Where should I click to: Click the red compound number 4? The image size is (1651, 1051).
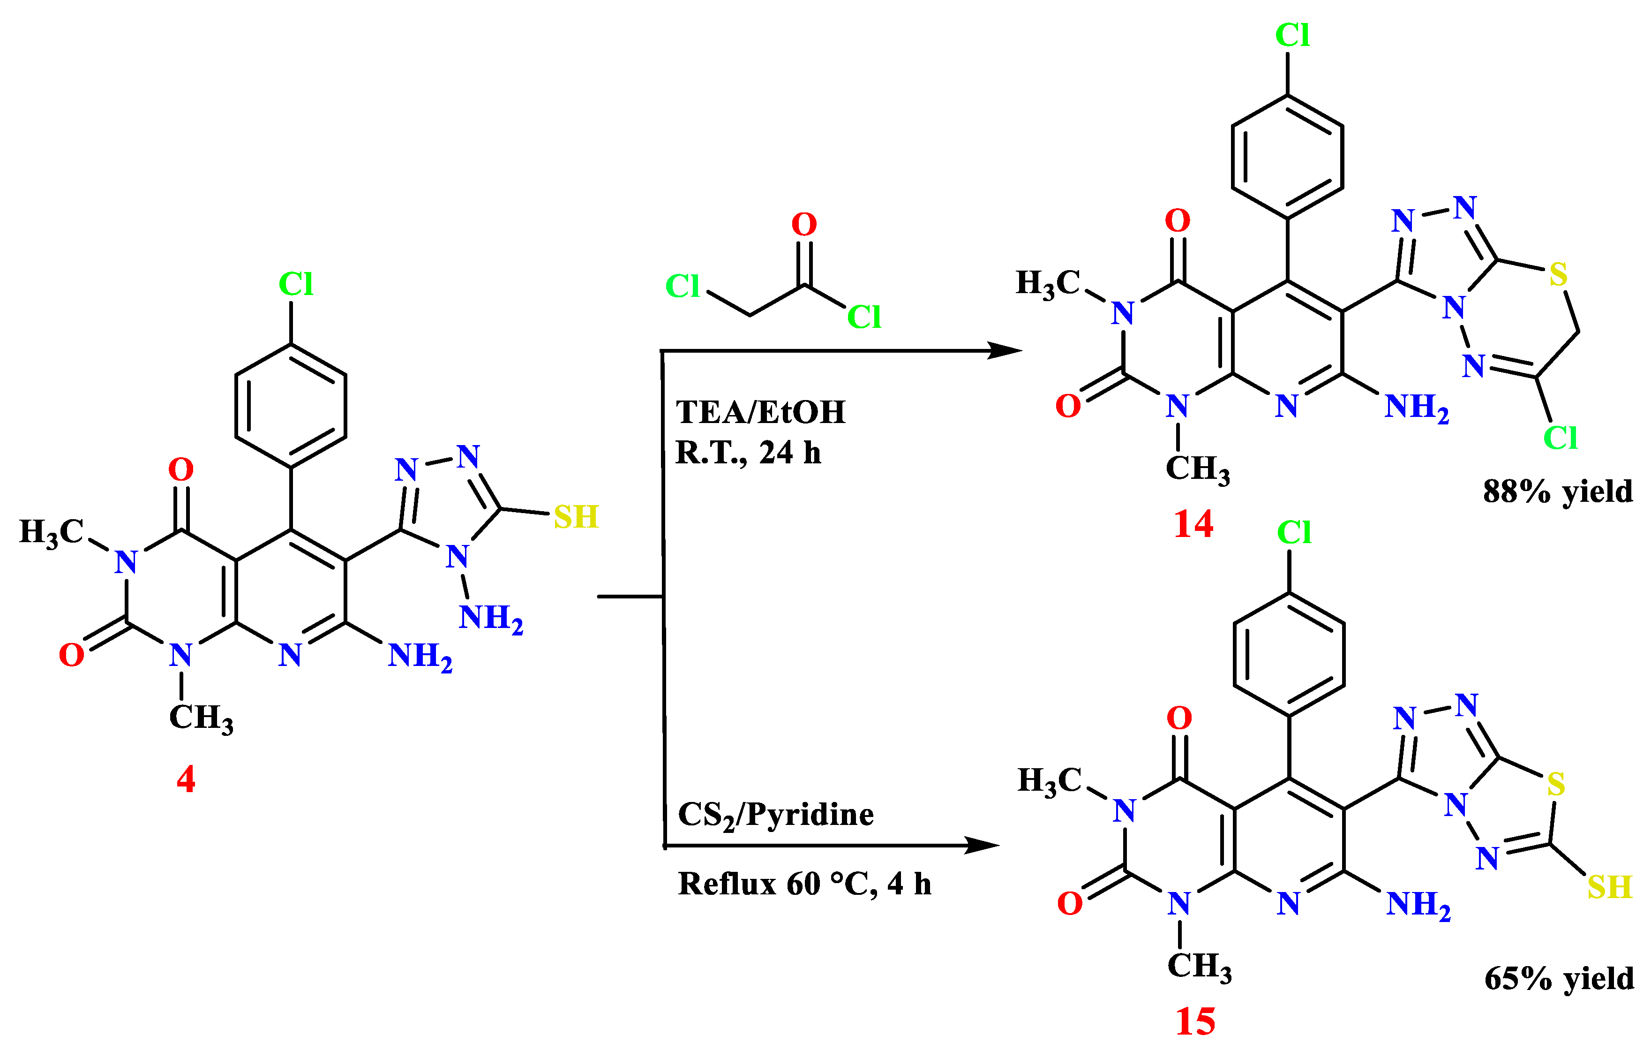click(x=186, y=779)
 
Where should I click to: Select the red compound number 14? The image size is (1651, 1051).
click(x=1193, y=524)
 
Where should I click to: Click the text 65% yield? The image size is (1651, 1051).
click(x=1559, y=979)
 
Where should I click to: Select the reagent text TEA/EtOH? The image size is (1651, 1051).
click(x=760, y=412)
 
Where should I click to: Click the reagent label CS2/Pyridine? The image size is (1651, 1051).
click(x=775, y=816)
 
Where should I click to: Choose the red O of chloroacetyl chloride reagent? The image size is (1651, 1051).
click(x=804, y=224)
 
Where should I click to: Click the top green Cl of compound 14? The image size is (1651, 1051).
click(x=1292, y=35)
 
